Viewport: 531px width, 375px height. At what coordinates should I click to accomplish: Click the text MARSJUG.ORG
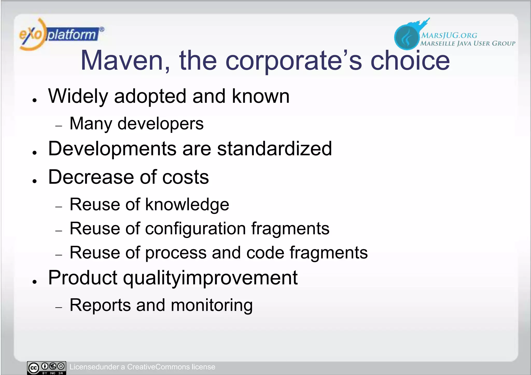pyautogui.click(x=449, y=35)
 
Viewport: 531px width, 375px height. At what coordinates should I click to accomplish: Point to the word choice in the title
pyautogui.click(x=410, y=61)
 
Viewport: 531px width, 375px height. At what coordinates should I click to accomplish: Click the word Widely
pyautogui.click(x=78, y=96)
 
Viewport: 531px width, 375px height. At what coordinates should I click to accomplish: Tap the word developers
pyautogui.click(x=160, y=124)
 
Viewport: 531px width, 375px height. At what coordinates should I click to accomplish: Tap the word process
pyautogui.click(x=176, y=253)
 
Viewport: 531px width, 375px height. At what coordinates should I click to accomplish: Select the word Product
pyautogui.click(x=83, y=278)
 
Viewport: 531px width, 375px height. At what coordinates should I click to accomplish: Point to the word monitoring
pyautogui.click(x=212, y=305)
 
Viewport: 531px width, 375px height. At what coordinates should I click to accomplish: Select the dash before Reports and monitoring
pyautogui.click(x=59, y=307)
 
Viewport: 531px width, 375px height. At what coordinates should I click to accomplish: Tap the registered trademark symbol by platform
pyautogui.click(x=102, y=30)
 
